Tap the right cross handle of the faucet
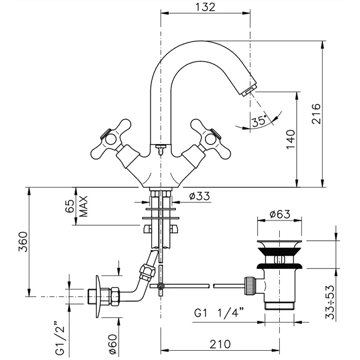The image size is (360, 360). [211, 138]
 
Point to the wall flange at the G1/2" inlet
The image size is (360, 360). [98, 295]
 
